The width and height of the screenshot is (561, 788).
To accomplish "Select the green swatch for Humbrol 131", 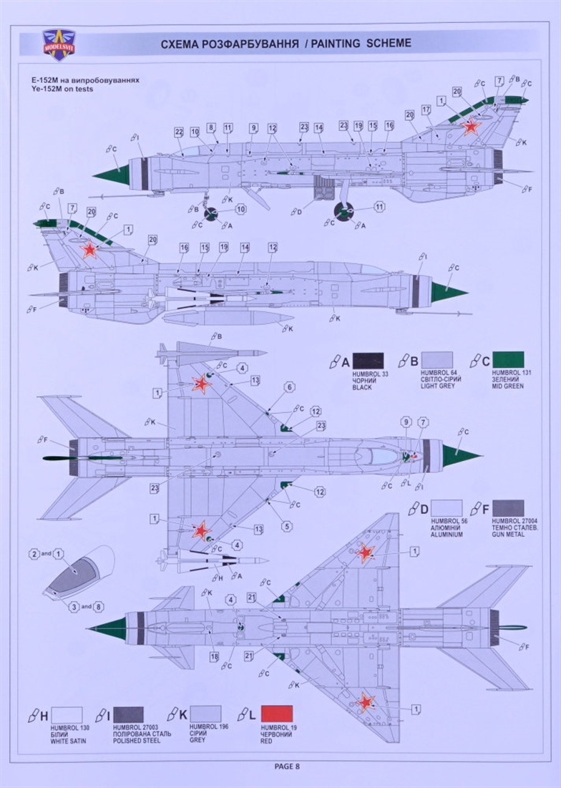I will tap(508, 360).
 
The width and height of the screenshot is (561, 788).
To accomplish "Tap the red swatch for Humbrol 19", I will tap(277, 714).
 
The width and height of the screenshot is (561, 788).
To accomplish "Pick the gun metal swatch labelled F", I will tap(508, 508).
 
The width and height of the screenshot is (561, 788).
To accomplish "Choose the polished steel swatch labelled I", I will tap(128, 714).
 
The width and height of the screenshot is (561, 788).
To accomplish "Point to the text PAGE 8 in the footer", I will tap(287, 766).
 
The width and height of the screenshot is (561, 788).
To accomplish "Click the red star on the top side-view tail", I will tap(470, 127).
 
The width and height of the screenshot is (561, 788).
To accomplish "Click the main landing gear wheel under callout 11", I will tap(345, 211).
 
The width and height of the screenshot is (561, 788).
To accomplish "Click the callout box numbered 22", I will tap(179, 132).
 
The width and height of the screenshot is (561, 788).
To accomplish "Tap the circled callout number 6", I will tap(290, 386).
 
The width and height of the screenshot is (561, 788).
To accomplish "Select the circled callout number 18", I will tap(214, 656).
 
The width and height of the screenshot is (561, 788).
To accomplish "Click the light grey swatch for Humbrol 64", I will tap(436, 360).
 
